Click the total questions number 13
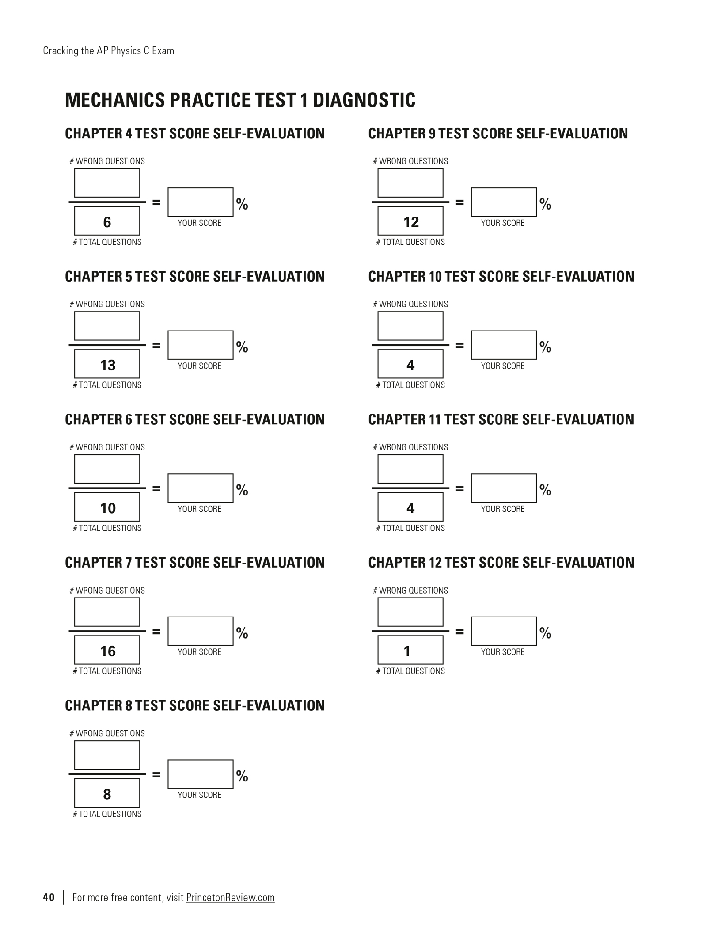coord(108,365)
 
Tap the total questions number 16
coord(108,651)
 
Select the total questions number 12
coord(411,222)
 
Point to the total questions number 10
coord(108,508)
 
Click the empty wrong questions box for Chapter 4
coord(107,183)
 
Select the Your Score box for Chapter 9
coord(504,202)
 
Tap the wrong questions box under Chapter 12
coord(410,612)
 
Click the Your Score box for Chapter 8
coord(201,774)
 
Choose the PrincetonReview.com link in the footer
coord(230,897)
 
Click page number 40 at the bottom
coord(49,897)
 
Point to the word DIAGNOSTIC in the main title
coord(364,100)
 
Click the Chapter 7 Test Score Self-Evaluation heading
coord(195,562)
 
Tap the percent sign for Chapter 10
coord(545,347)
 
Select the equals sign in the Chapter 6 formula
coord(156,489)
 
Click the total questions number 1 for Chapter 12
coord(407,651)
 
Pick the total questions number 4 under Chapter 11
coord(410,508)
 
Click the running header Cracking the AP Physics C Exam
coord(109,51)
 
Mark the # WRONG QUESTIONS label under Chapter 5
coord(107,304)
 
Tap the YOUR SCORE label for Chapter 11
coord(503,509)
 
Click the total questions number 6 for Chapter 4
coord(107,222)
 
